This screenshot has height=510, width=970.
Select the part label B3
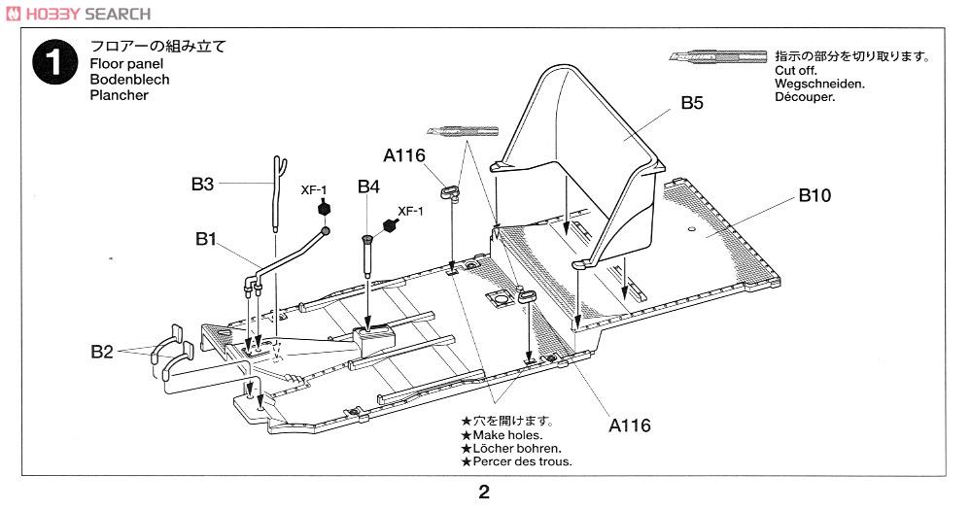pos(202,183)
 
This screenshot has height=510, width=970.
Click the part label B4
pos(368,187)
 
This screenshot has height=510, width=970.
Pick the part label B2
pos(103,352)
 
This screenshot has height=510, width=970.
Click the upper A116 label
pos(404,154)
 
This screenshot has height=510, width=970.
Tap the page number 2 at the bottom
pos(483,492)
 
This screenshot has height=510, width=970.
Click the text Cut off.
pos(796,71)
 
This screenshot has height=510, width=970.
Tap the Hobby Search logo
pos(78,13)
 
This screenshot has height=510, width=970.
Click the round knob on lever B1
pos(326,230)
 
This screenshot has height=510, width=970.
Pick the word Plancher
pos(119,95)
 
